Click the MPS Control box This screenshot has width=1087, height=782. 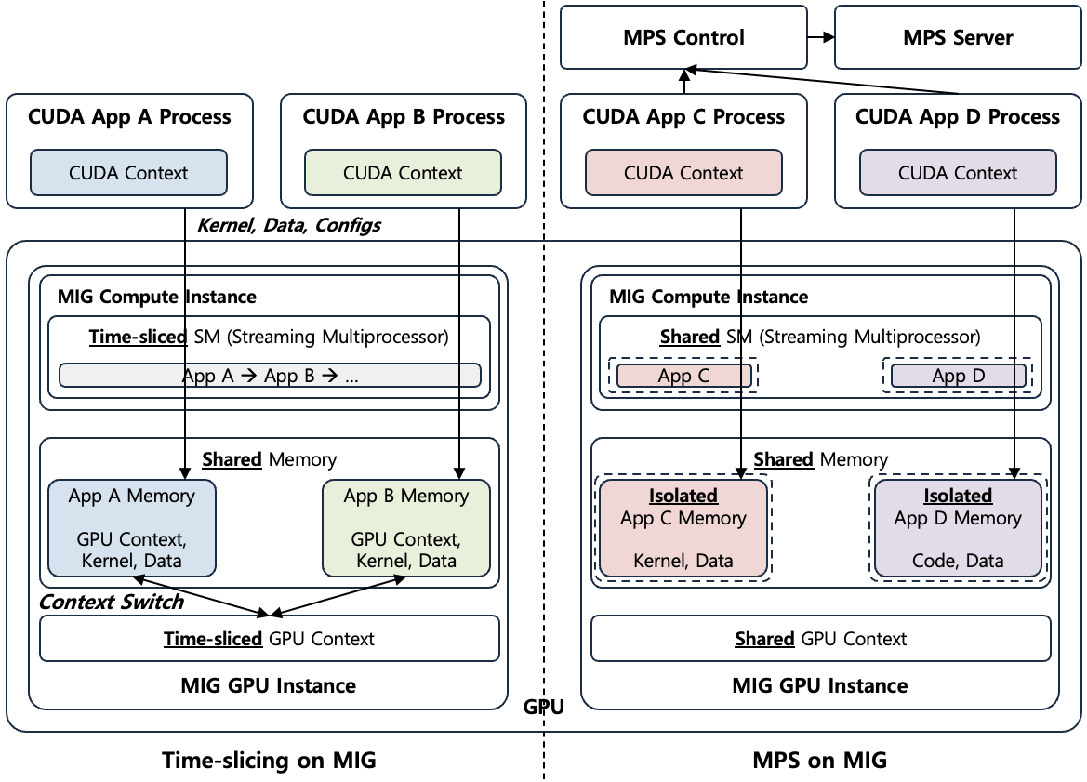[x=683, y=38]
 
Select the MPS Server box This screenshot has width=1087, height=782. [x=958, y=38]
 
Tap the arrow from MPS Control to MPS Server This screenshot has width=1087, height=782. [x=820, y=38]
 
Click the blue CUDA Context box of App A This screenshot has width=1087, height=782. [x=128, y=173]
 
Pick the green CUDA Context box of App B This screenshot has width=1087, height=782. [x=403, y=173]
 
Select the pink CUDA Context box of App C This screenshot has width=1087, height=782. [x=683, y=173]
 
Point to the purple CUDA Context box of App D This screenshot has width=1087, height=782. [x=958, y=173]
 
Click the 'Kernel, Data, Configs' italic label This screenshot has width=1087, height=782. [x=289, y=225]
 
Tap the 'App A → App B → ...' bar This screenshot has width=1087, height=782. [x=270, y=376]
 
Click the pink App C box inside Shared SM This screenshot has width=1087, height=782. [x=683, y=376]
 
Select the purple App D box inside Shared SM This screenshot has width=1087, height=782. [x=958, y=376]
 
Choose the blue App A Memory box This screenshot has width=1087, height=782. [x=131, y=528]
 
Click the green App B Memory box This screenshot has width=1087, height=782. [x=405, y=528]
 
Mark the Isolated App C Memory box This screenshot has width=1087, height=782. [x=683, y=528]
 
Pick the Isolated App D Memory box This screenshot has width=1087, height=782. [x=958, y=528]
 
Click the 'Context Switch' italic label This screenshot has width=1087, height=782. [x=111, y=602]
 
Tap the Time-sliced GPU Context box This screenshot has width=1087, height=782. [x=270, y=639]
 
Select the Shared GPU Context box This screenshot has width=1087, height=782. [x=820, y=639]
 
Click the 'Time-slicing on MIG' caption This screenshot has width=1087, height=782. [x=270, y=760]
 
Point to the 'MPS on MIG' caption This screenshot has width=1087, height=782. [x=819, y=760]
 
